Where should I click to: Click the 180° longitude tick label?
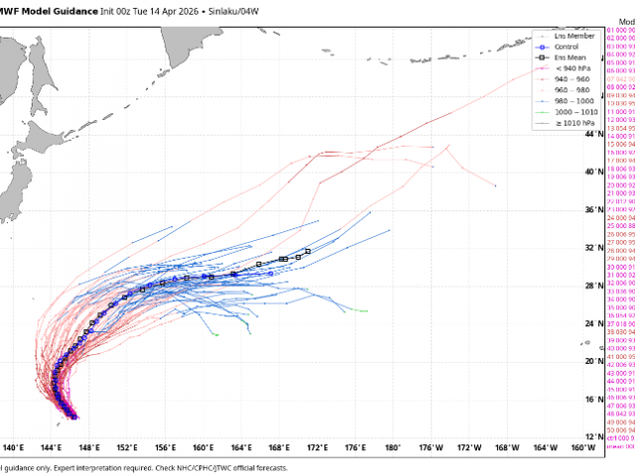click(394, 448)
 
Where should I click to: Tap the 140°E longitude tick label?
click(15, 448)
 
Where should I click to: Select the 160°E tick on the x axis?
click(204, 448)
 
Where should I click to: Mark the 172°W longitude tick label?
click(469, 448)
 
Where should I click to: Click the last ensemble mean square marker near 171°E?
click(309, 251)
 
